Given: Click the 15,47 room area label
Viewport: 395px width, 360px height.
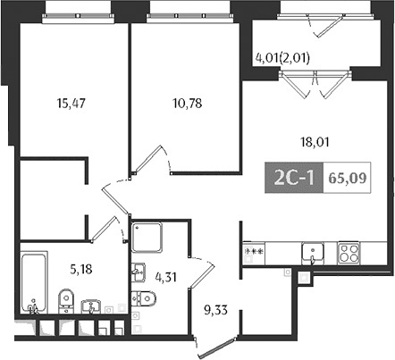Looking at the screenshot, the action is pyautogui.click(x=71, y=104).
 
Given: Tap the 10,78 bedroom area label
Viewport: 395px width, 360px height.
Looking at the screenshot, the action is pyautogui.click(x=188, y=104).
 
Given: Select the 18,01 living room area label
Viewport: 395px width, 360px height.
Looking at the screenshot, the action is pyautogui.click(x=315, y=142).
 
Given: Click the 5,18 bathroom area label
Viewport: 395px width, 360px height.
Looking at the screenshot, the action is pyautogui.click(x=81, y=270).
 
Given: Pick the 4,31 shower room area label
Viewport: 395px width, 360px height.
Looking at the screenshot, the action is pyautogui.click(x=166, y=277).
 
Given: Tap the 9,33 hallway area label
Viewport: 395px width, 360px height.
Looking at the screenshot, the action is pyautogui.click(x=216, y=310).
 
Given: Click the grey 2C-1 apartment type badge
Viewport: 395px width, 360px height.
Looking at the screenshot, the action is pyautogui.click(x=294, y=178).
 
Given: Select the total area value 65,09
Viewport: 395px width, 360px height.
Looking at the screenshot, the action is pyautogui.click(x=347, y=178).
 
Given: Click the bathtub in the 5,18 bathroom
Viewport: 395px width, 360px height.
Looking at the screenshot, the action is pyautogui.click(x=34, y=282).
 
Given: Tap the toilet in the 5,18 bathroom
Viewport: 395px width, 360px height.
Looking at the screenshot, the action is pyautogui.click(x=66, y=301).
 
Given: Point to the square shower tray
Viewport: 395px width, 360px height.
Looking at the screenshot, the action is pyautogui.click(x=147, y=238).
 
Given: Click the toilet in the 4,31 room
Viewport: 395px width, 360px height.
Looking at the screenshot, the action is pyautogui.click(x=144, y=298).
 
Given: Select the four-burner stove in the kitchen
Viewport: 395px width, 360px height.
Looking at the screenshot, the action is pyautogui.click(x=349, y=253).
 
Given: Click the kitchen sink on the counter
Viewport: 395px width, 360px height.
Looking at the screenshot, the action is pyautogui.click(x=313, y=254).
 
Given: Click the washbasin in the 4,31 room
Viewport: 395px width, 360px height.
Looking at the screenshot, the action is pyautogui.click(x=139, y=272).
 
